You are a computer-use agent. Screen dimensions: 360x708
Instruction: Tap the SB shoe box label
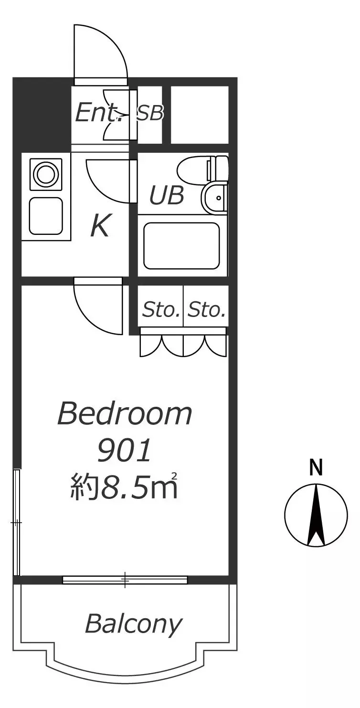tap(150, 113)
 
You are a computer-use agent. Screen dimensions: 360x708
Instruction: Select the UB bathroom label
tap(167, 195)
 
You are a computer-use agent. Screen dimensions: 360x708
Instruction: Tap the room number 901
tap(124, 450)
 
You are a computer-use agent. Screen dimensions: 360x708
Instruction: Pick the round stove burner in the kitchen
tap(46, 174)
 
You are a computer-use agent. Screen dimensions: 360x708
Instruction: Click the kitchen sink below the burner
tap(46, 216)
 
